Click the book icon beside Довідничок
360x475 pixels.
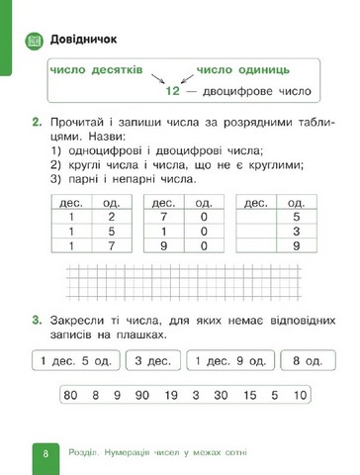pyautogui.click(x=34, y=40)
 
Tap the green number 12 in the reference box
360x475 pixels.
pyautogui.click(x=175, y=91)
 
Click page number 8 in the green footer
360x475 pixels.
pyautogui.click(x=45, y=452)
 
